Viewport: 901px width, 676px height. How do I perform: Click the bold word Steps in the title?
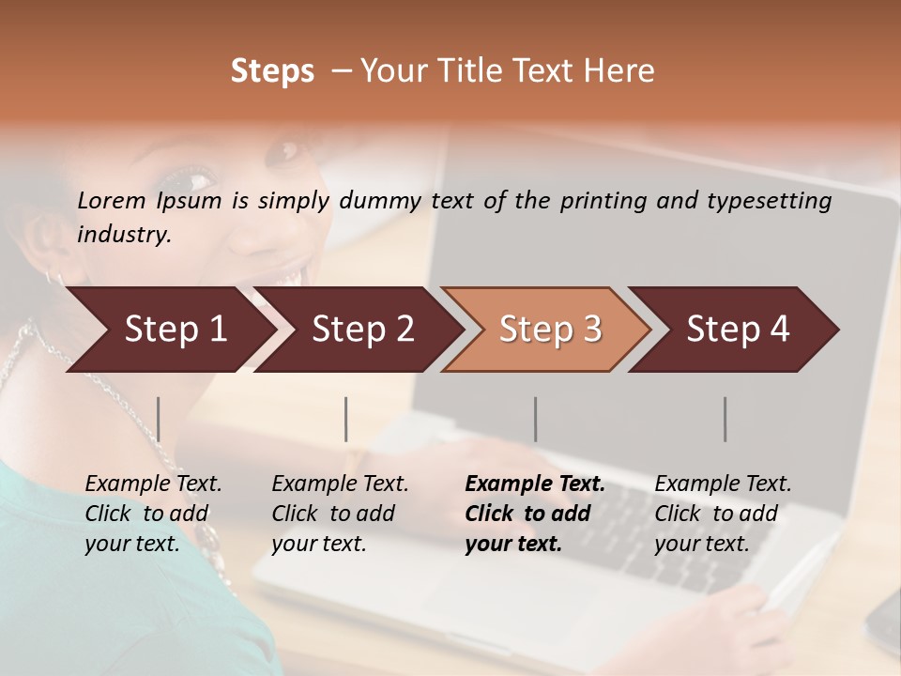click(272, 71)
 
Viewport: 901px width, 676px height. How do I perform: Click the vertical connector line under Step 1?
click(159, 419)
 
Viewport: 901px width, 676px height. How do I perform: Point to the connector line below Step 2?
click(346, 419)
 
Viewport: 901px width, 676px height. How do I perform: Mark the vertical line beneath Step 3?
click(536, 419)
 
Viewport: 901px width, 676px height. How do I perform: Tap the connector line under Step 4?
click(725, 419)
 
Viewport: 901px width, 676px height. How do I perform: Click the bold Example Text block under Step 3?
click(535, 514)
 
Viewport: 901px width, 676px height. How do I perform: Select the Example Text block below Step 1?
click(153, 514)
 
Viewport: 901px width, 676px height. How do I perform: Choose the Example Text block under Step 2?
click(340, 514)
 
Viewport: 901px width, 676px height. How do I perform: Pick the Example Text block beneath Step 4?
click(723, 514)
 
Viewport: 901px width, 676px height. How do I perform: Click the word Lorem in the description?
click(112, 201)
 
